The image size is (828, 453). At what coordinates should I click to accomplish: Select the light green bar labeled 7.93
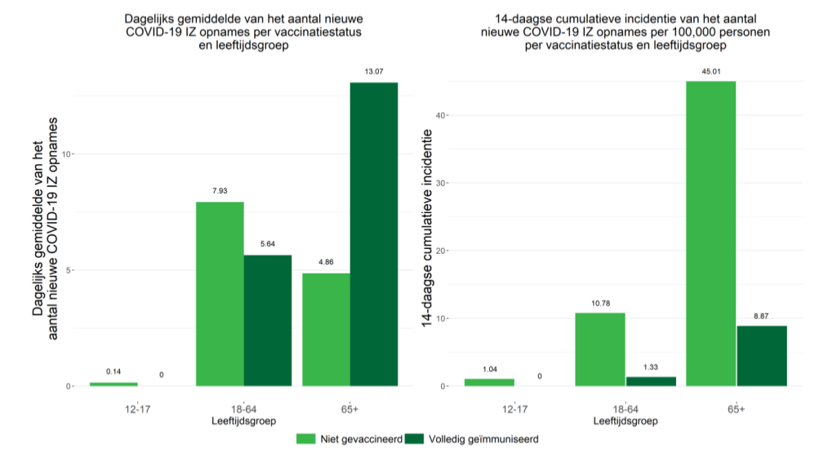coord(220,294)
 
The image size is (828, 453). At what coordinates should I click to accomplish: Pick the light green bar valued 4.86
coord(326,330)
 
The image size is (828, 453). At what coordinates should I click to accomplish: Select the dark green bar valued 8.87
coord(761,356)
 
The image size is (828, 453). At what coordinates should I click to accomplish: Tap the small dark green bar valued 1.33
coord(651,381)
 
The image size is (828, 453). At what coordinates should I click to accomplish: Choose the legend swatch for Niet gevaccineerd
coord(305,438)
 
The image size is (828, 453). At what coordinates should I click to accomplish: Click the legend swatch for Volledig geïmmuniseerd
coord(414,438)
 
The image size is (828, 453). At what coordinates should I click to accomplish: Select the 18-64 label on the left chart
coord(244,407)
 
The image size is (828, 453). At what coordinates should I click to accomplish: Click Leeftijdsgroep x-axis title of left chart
coord(243,421)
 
